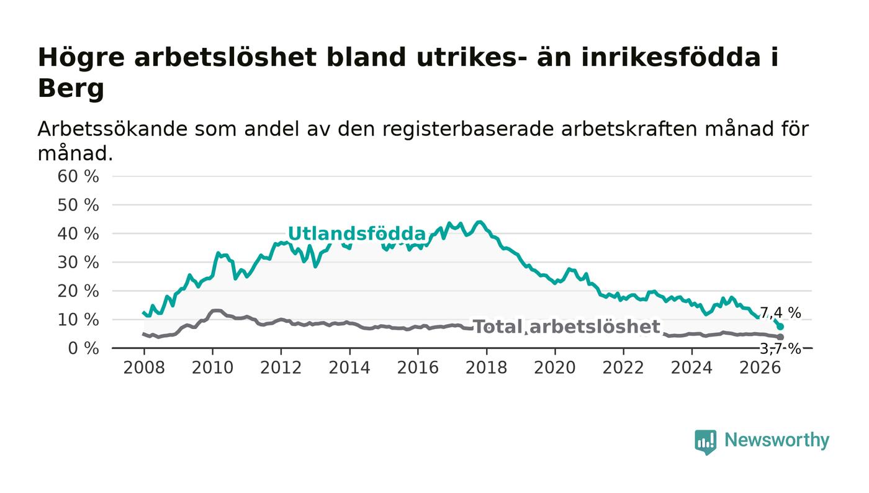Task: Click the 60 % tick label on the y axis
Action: pos(78,176)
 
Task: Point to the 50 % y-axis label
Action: pos(78,206)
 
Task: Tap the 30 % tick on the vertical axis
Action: pos(78,263)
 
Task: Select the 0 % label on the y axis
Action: pos(83,348)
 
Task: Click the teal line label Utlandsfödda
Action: pos(357,233)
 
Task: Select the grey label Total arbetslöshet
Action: pos(567,327)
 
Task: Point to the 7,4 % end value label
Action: pos(780,313)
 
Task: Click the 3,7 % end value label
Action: pos(780,349)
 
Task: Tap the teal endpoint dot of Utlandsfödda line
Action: pos(780,327)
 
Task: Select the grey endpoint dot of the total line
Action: pos(780,337)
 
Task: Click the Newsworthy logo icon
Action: pos(705,442)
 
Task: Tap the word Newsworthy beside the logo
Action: pos(777,440)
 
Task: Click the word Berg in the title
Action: pos(71,88)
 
